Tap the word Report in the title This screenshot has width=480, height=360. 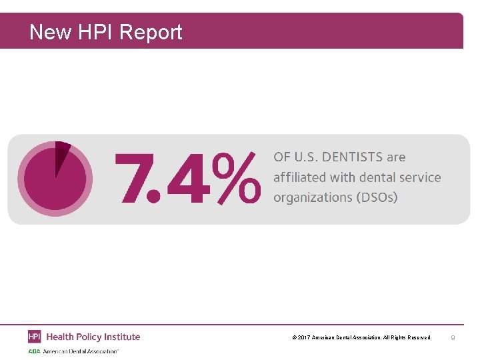click(151, 32)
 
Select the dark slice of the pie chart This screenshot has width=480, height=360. click(61, 153)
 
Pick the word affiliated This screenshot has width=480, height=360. click(299, 177)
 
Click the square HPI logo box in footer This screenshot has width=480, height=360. click(35, 337)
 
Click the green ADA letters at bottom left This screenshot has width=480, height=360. click(34, 351)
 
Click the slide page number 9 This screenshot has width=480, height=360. click(453, 338)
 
